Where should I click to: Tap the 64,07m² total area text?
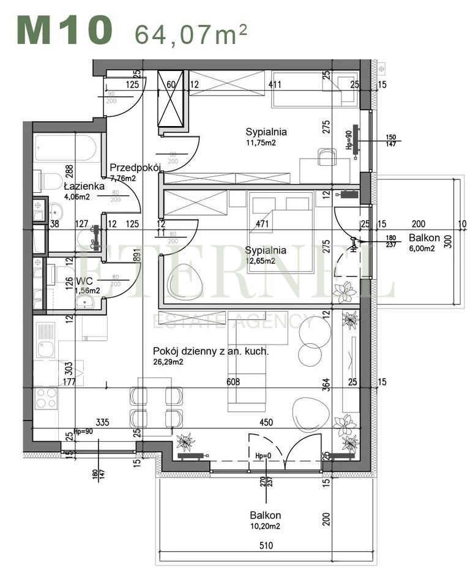pos(191,34)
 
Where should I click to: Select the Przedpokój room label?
pos(135,168)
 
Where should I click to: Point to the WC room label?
pos(83,282)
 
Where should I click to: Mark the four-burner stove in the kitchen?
pos(46,398)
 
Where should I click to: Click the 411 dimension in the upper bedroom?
pos(277,84)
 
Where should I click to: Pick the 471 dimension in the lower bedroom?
pos(263,224)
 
